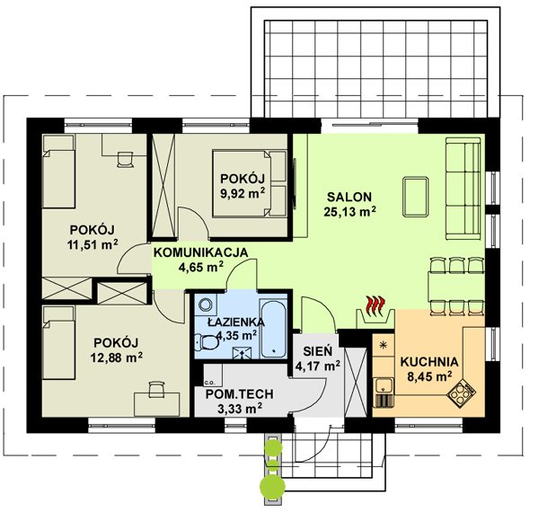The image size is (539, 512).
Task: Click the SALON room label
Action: pyautogui.click(x=349, y=197)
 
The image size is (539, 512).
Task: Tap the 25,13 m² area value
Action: pyautogui.click(x=349, y=212)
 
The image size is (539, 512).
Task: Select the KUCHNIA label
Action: pyautogui.click(x=429, y=362)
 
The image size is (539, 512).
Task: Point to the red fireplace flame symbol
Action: pyautogui.click(x=375, y=305)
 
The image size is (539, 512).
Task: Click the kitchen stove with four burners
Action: pyautogui.click(x=462, y=393)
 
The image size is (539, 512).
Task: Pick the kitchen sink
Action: pyautogui.click(x=384, y=385)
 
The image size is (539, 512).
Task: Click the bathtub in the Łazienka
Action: pyautogui.click(x=273, y=329)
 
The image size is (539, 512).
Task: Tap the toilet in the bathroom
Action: pyautogui.click(x=207, y=342)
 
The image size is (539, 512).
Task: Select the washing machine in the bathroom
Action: pyautogui.click(x=206, y=305)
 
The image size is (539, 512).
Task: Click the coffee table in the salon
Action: pyautogui.click(x=416, y=197)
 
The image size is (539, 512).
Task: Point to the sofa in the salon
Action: pyautogui.click(x=463, y=189)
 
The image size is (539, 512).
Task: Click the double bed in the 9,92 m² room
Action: pyautogui.click(x=250, y=183)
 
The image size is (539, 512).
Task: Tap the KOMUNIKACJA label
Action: pyautogui.click(x=200, y=252)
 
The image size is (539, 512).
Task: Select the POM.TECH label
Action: pyautogui.click(x=239, y=393)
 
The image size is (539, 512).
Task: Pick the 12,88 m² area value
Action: pyautogui.click(x=117, y=358)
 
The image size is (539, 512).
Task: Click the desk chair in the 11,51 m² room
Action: pyautogui.click(x=125, y=160)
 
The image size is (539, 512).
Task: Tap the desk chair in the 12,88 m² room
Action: pyautogui.click(x=156, y=389)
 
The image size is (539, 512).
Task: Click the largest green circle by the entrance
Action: pyautogui.click(x=272, y=486)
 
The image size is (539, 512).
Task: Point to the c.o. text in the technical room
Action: pyautogui.click(x=208, y=382)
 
